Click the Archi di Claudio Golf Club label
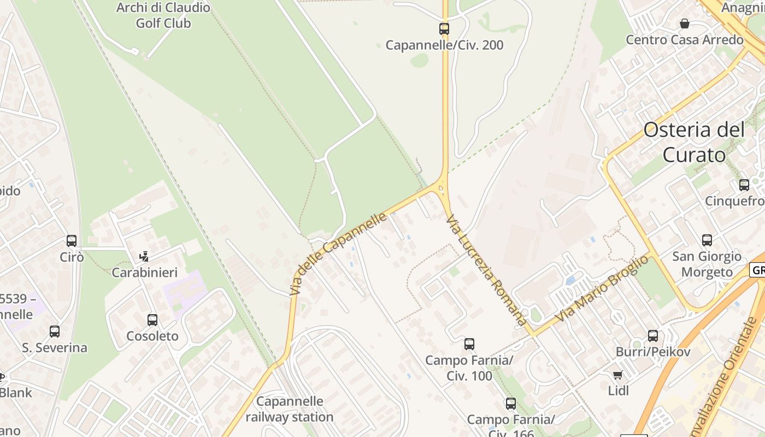tap(163, 15)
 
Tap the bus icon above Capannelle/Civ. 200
tap(444, 28)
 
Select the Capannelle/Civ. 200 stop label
tap(444, 45)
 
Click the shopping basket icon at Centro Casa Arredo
tap(684, 23)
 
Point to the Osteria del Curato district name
tap(694, 142)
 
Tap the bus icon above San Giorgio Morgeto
tap(707, 240)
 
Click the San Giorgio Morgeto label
tap(707, 264)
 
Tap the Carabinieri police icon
tap(144, 256)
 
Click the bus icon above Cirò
tap(72, 240)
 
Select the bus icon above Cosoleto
tap(152, 320)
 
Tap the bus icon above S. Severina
tap(55, 331)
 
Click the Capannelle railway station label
tap(290, 409)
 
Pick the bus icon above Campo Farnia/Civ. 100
tap(469, 344)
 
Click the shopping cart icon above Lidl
tap(618, 375)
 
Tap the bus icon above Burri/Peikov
tap(652, 335)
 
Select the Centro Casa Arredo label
tap(684, 40)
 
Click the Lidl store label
tap(618, 391)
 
